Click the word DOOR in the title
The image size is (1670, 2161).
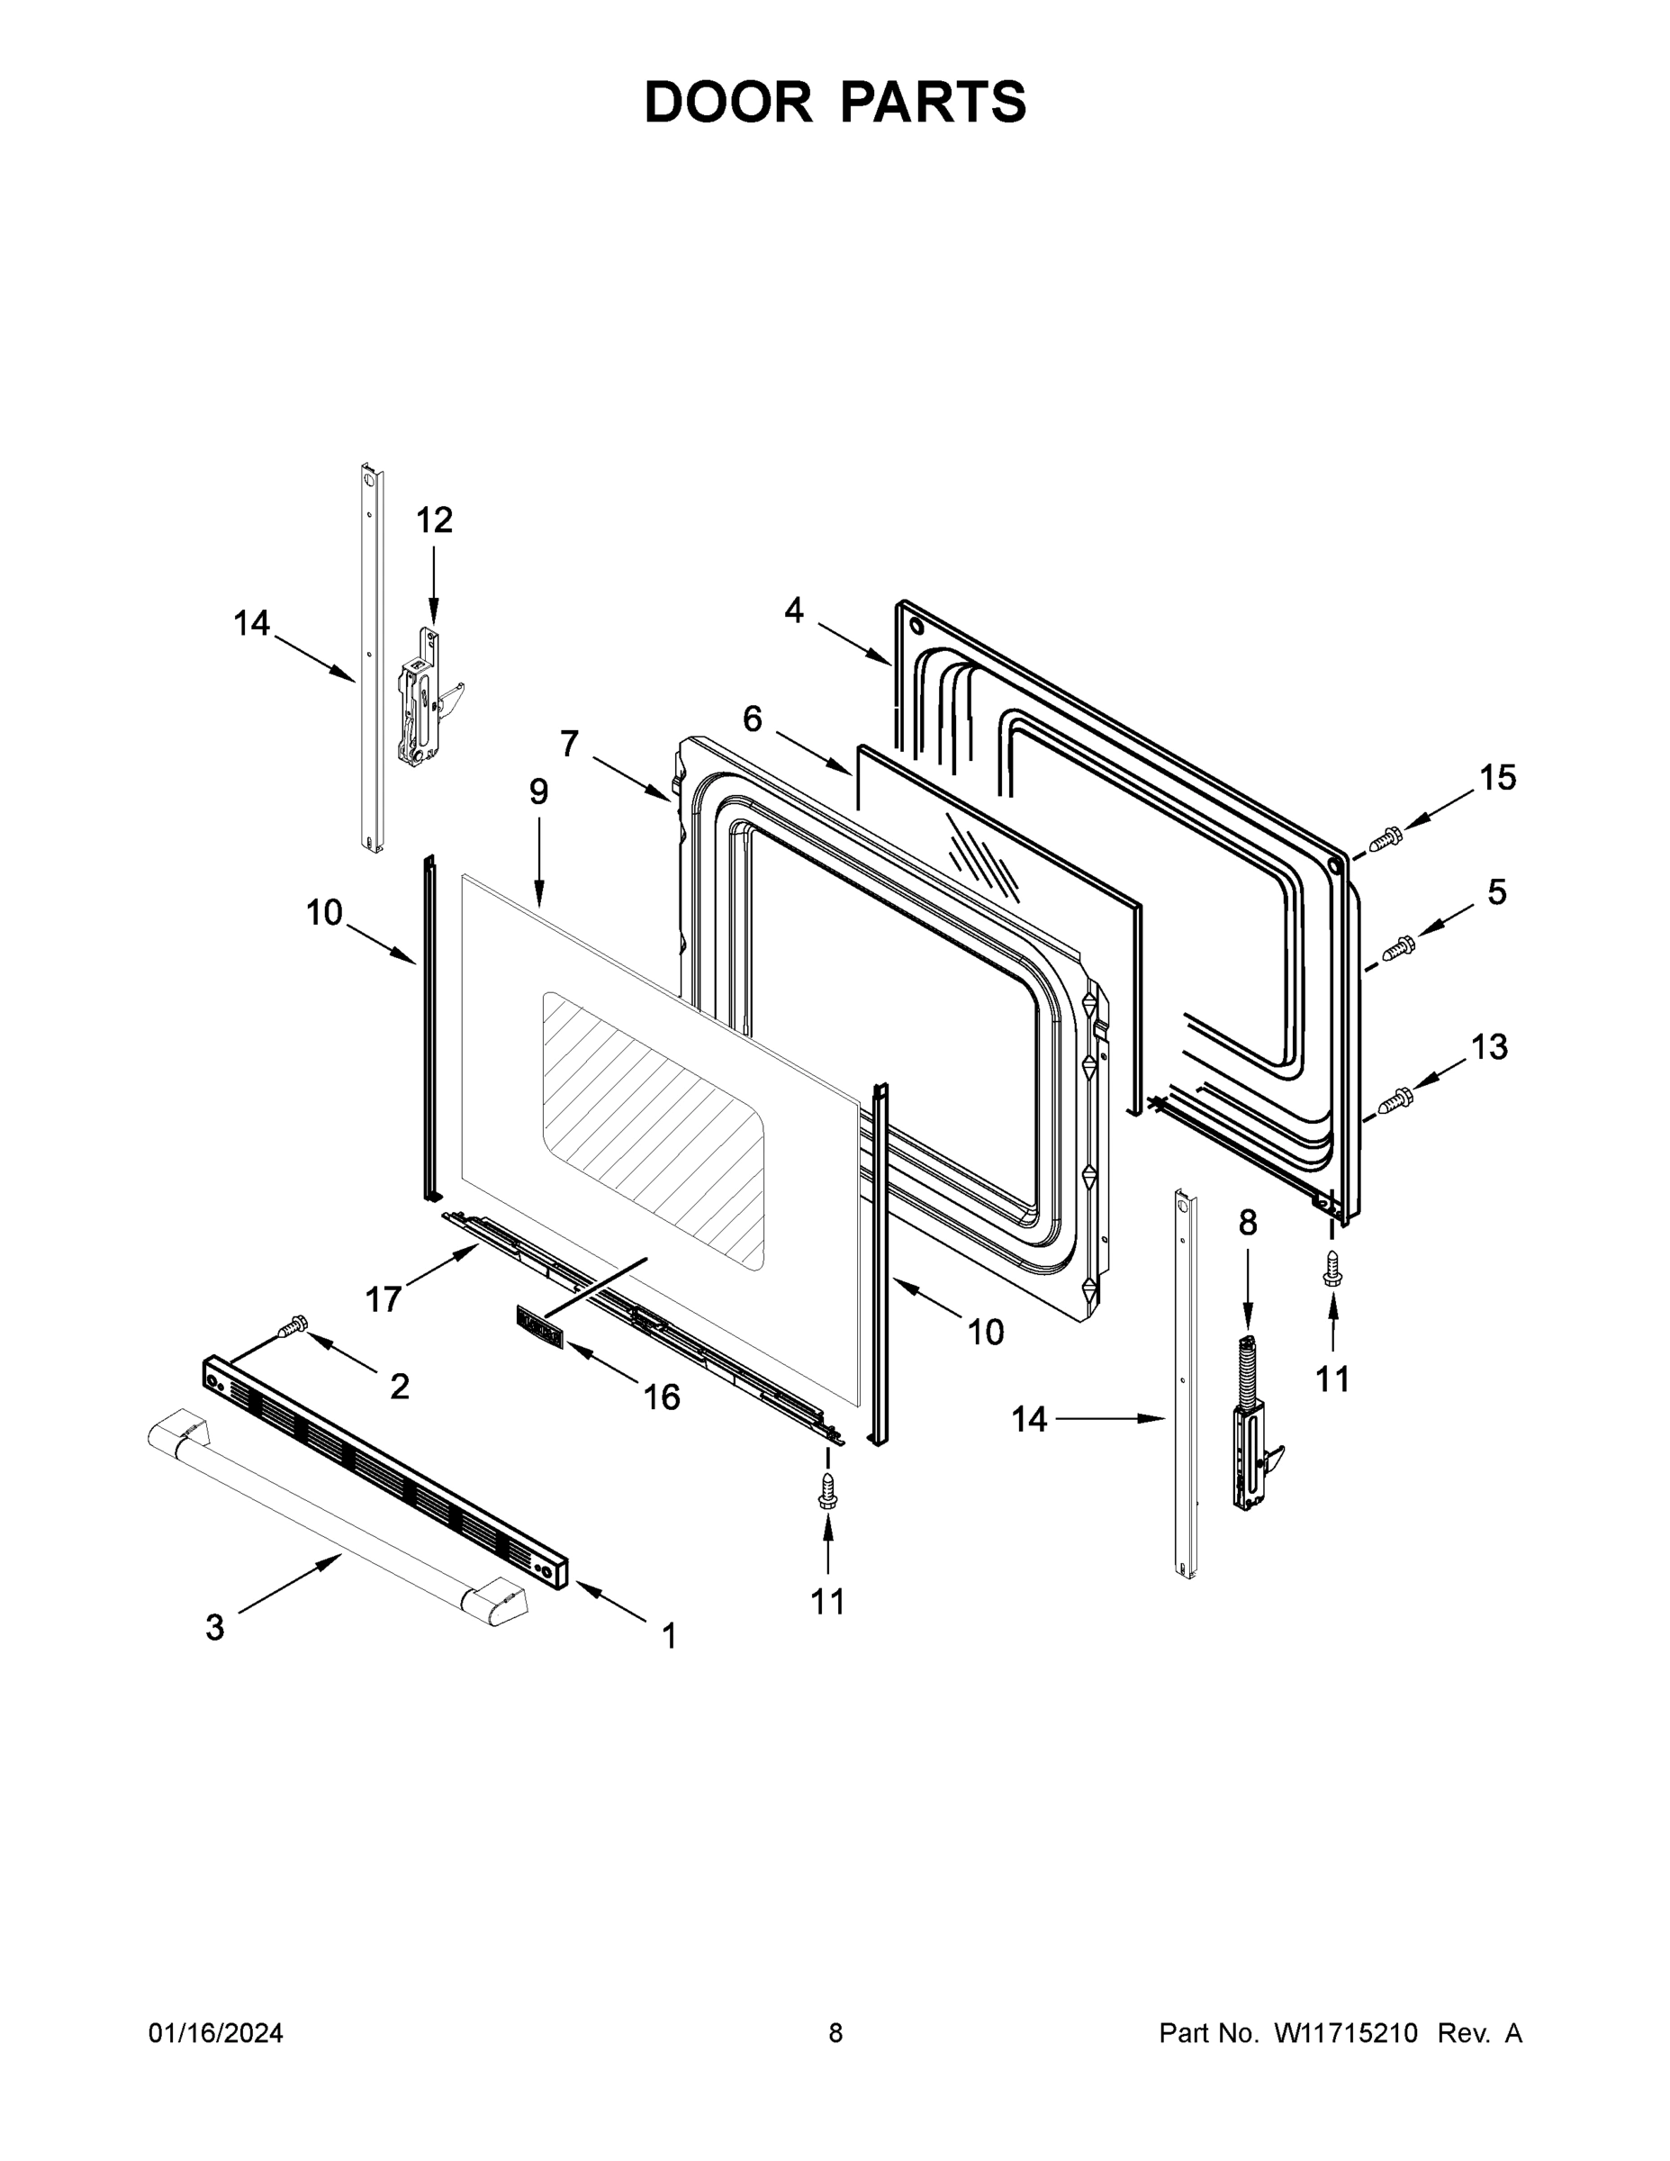(x=728, y=102)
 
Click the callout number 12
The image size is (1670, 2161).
(x=433, y=520)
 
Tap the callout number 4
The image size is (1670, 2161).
(x=793, y=610)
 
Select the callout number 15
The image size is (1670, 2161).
(x=1498, y=778)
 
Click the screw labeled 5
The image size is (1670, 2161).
(x=1399, y=947)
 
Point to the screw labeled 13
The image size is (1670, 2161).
(x=1395, y=1099)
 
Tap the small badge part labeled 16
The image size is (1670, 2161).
(x=540, y=1327)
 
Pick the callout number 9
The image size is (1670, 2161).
(x=538, y=791)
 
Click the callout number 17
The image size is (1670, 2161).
(x=383, y=1299)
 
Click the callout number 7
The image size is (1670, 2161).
(x=569, y=743)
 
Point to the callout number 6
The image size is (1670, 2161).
(x=752, y=719)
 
